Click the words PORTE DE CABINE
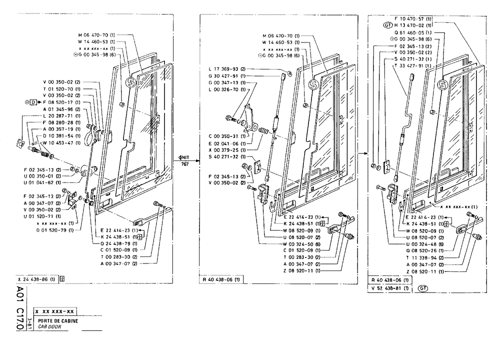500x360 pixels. pos(58,321)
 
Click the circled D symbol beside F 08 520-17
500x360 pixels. pos(33,102)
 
